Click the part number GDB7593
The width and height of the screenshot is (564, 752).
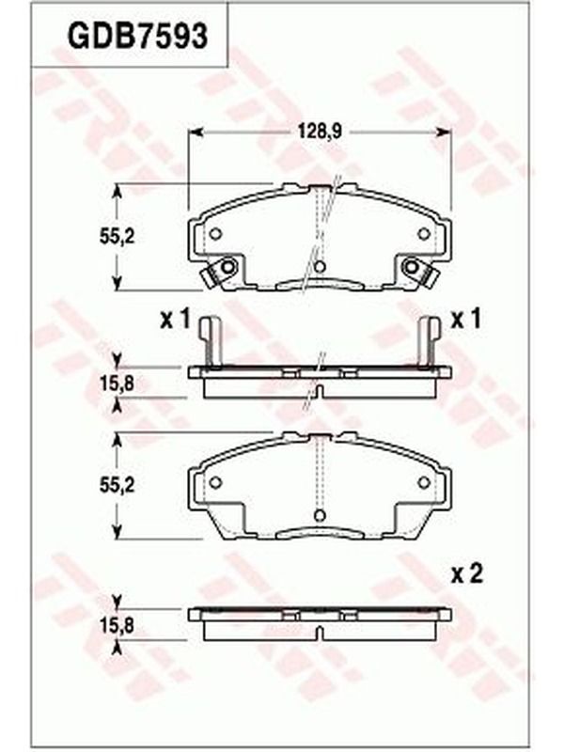[137, 36]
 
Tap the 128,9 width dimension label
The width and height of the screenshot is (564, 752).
[320, 131]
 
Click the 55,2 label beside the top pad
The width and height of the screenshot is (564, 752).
[117, 237]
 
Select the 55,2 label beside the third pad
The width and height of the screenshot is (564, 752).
[117, 486]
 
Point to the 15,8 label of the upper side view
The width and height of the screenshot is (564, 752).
[117, 384]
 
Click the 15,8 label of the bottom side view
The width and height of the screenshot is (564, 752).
[117, 625]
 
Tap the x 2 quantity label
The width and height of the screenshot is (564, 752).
[466, 574]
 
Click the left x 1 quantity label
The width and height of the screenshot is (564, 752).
[176, 320]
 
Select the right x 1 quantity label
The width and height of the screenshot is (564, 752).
[465, 320]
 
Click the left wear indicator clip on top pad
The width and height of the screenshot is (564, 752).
[219, 272]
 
